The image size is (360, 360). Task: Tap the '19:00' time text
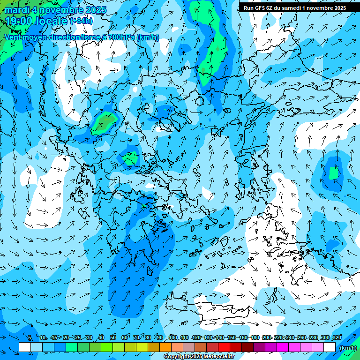click(x=18, y=21)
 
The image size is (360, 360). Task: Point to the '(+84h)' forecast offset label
click(x=82, y=21)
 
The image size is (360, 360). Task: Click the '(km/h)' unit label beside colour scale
click(x=347, y=348)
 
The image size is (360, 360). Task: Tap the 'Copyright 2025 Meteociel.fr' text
click(x=199, y=357)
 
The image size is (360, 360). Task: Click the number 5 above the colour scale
click(x=30, y=337)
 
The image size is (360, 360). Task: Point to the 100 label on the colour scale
click(x=172, y=337)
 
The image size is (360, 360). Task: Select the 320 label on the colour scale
click(x=337, y=337)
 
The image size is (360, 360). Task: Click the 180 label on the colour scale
click(x=255, y=337)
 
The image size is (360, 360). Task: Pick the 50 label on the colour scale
click(x=113, y=337)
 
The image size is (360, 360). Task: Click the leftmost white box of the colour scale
click(x=25, y=347)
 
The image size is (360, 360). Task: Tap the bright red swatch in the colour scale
click(x=224, y=347)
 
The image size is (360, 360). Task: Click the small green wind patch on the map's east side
click(x=334, y=173)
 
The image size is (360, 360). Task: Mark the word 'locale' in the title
click(x=50, y=21)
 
